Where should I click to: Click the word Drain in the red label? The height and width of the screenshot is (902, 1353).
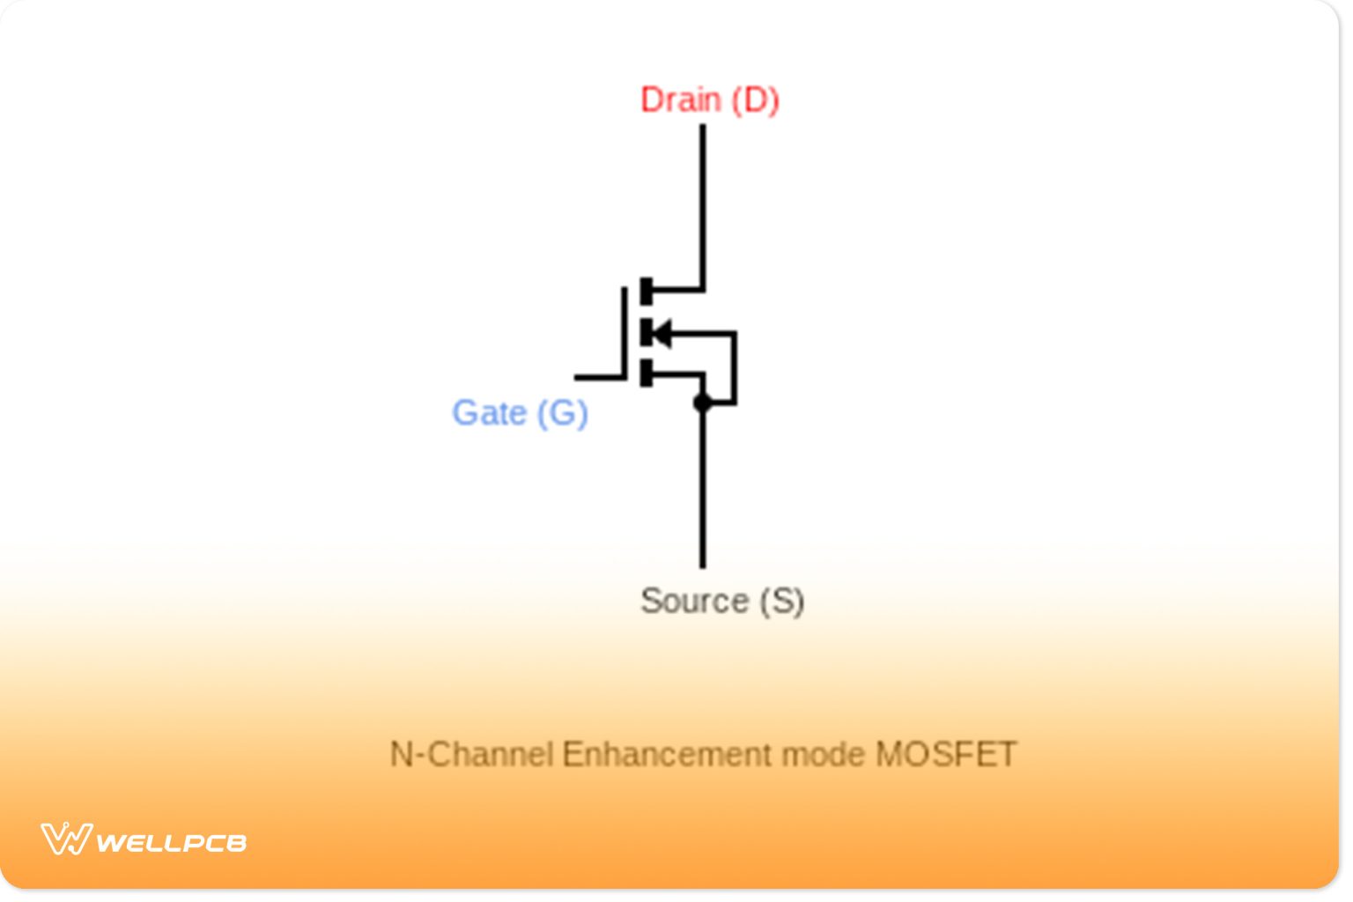tap(680, 100)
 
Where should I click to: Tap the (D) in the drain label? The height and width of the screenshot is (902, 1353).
tap(756, 100)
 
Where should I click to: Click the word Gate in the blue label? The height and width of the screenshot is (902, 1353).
tap(489, 413)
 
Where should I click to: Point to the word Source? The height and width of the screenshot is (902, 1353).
tap(694, 601)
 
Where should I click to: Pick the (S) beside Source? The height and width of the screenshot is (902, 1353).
tap(782, 601)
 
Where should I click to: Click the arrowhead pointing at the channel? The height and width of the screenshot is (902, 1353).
tap(662, 333)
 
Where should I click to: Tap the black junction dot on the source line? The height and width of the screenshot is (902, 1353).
tap(702, 403)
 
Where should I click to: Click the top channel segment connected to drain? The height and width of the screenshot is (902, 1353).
tap(647, 291)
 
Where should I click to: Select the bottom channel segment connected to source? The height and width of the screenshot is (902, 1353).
tap(647, 373)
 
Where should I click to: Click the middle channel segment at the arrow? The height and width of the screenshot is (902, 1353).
tap(647, 333)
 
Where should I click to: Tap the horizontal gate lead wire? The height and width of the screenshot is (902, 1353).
tap(599, 377)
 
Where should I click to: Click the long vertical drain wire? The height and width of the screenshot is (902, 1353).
tap(702, 203)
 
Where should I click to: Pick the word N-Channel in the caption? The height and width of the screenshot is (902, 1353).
tap(471, 755)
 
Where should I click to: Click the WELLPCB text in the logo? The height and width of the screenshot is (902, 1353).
tap(171, 843)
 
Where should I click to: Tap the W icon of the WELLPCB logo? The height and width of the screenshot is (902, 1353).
tap(66, 839)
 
